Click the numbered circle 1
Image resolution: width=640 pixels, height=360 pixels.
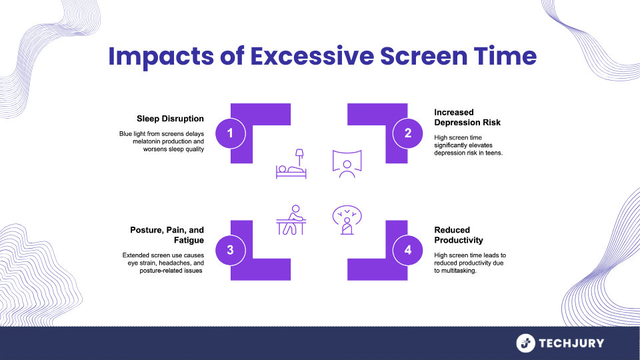point(231,133)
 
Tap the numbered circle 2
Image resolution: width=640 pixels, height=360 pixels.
point(408,133)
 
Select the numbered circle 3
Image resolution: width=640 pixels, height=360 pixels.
point(231,250)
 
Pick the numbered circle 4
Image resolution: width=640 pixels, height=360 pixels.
point(408,250)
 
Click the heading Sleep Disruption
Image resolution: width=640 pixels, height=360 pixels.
point(171,119)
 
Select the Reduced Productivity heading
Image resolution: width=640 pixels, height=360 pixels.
point(459,235)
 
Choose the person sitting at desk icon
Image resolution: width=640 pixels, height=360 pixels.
point(291,219)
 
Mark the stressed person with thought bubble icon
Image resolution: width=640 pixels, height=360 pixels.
point(346,219)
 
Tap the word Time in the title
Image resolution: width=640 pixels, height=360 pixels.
point(507,56)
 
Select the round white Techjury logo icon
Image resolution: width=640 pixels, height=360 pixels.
point(526,343)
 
